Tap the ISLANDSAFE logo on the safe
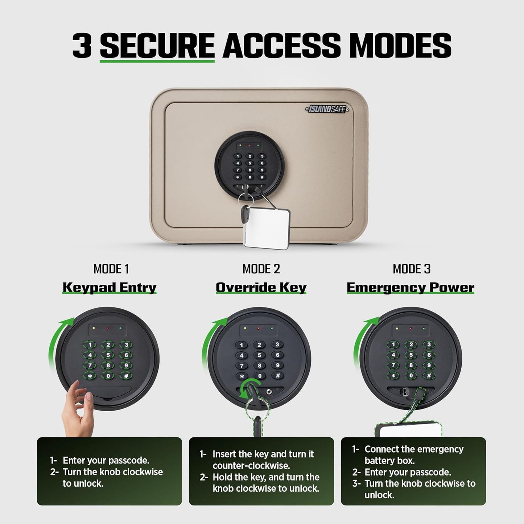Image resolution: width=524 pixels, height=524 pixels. tap(326, 109)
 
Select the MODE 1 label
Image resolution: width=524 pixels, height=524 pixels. tap(111, 269)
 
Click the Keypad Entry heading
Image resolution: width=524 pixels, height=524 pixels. tap(109, 287)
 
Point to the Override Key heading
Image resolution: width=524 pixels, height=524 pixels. tap(261, 287)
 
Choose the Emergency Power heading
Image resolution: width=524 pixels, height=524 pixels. tap(410, 287)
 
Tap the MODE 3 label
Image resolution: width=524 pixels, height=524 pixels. tap(412, 269)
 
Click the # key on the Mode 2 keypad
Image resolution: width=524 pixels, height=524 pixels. tap(277, 376)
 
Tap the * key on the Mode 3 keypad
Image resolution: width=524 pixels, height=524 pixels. tap(393, 376)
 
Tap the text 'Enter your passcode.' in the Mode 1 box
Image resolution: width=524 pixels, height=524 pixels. tap(106, 460)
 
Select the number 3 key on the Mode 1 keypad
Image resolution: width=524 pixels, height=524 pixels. tap(126, 345)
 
